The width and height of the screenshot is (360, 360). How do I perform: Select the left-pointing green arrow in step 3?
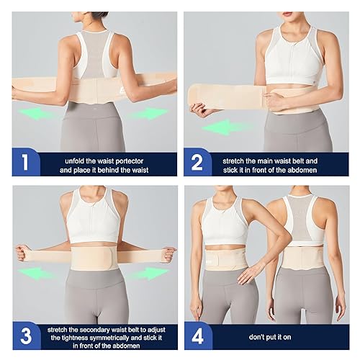[36, 274]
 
